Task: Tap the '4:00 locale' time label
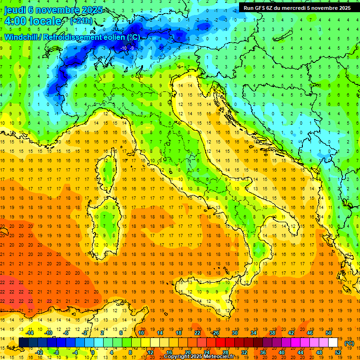coord(32,21)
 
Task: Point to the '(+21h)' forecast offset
coord(81,21)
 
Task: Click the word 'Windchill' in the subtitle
coord(22,37)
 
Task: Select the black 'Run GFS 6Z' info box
coord(297,7)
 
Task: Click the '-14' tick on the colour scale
coord(30,333)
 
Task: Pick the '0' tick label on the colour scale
coord(93,352)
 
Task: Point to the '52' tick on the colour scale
coord(338,352)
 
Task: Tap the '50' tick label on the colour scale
coord(329,333)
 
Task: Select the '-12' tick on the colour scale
coord(39,352)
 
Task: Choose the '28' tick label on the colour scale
coord(225,352)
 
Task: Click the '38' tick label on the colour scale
coord(272,333)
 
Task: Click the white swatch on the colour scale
coord(333,343)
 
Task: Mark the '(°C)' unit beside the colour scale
coord(349,343)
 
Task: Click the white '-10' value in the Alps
coord(123,48)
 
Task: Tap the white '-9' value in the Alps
coord(133,48)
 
